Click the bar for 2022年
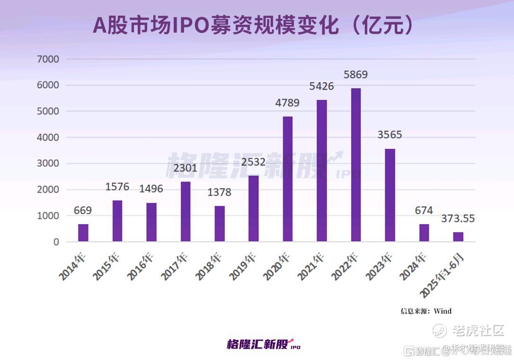[x=355, y=165]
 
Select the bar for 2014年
[x=83, y=233]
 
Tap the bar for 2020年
[x=287, y=179]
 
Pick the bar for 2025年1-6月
[x=458, y=237]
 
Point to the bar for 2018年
[x=220, y=223]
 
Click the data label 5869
[x=355, y=74]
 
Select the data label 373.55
[x=458, y=219]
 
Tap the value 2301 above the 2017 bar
[x=185, y=168]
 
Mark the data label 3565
[x=390, y=135]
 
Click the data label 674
[x=424, y=211]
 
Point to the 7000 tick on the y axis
[x=49, y=59]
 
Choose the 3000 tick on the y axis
[x=49, y=163]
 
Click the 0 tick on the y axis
[x=56, y=242]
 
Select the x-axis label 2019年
[x=243, y=266]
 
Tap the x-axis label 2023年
[x=380, y=266]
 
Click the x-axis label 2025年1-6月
[x=443, y=274]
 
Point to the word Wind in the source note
[x=443, y=311]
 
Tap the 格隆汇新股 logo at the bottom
[x=263, y=344]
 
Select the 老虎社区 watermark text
[x=478, y=330]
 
